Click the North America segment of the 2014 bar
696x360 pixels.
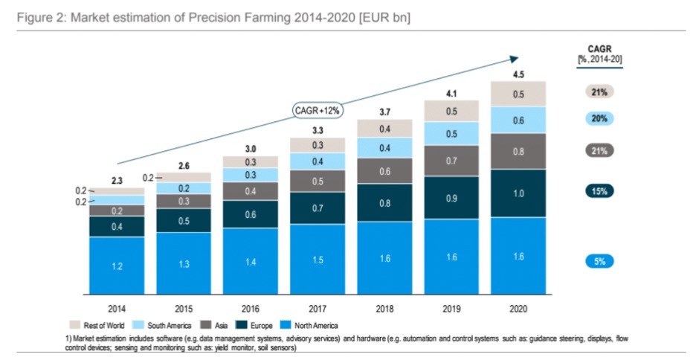pos(116,266)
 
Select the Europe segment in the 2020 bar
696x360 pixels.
pos(518,193)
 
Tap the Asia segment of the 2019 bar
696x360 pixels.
pos(451,161)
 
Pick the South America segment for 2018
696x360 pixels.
pos(384,148)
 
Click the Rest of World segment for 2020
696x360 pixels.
pos(518,94)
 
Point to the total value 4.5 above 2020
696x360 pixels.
pos(518,73)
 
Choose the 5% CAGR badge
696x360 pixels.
pos(599,261)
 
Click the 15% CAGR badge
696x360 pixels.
pos(599,190)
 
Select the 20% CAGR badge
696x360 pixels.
pos(599,118)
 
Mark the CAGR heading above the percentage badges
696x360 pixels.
pos(599,47)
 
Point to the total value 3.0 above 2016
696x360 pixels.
pos(250,148)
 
